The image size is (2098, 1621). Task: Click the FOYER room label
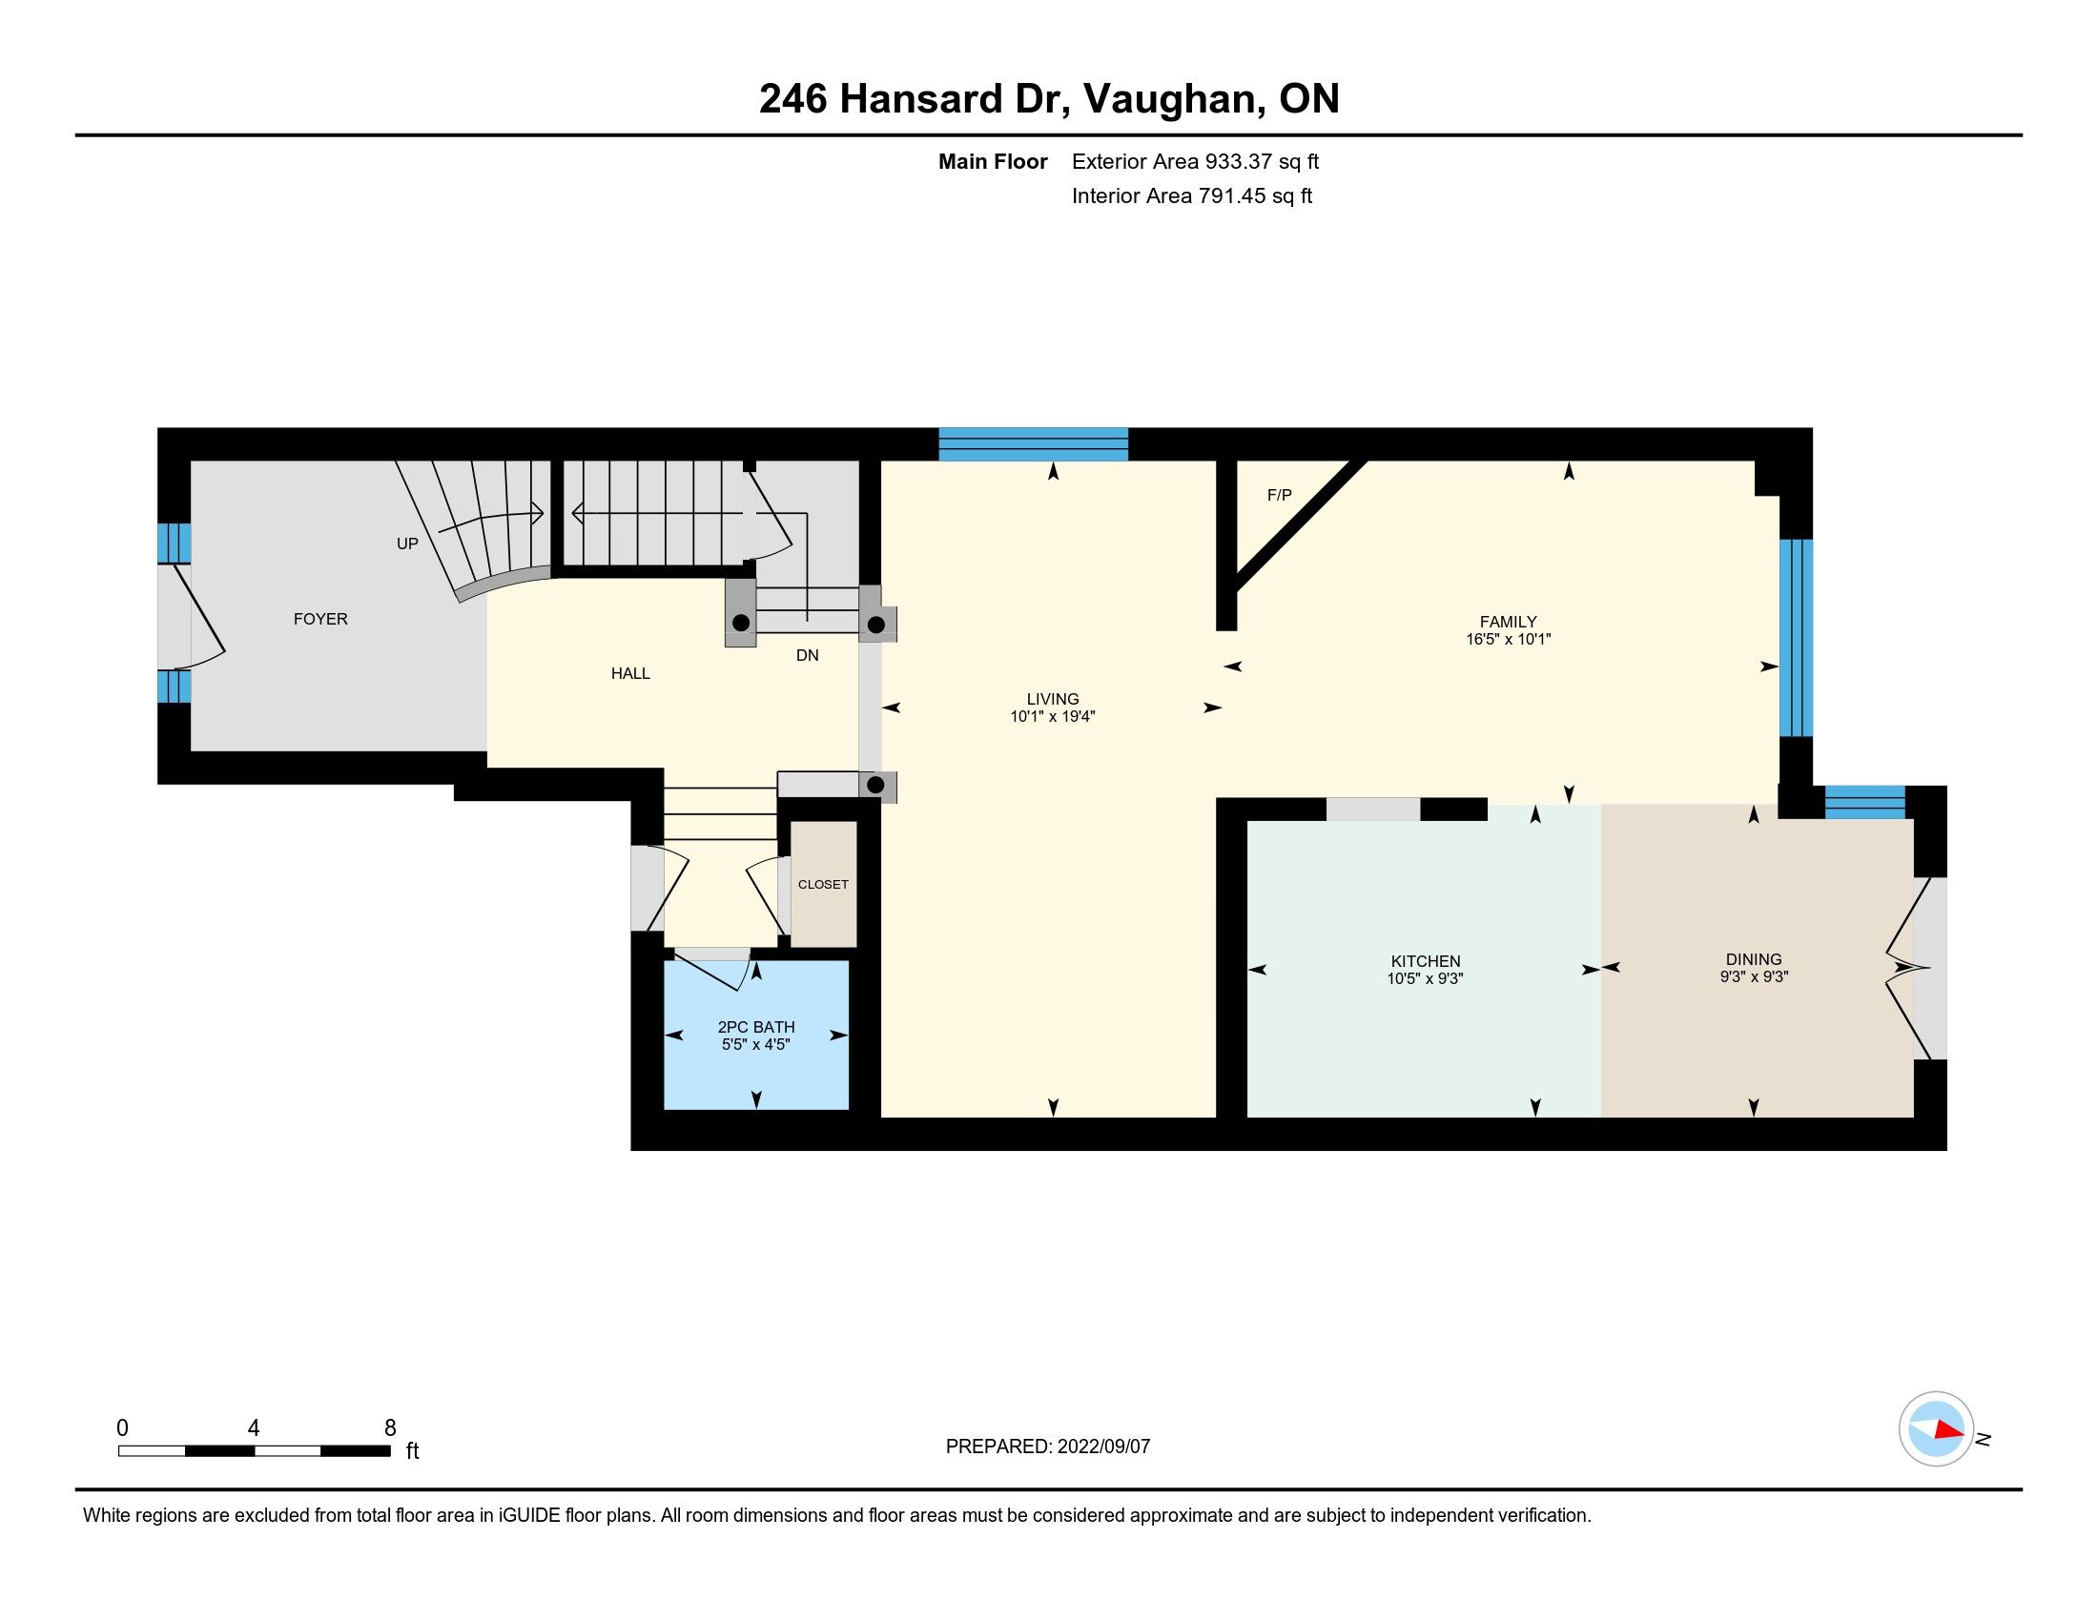click(320, 620)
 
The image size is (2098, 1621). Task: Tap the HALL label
click(630, 674)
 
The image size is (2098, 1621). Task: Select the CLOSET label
click(823, 885)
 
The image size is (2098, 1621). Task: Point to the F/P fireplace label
click(1280, 496)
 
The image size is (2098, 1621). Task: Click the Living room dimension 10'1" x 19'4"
click(1053, 716)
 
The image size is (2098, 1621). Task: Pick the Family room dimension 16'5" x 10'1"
click(1509, 639)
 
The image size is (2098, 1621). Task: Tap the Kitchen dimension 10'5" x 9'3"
click(1426, 978)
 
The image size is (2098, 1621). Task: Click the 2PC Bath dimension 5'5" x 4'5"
click(756, 1045)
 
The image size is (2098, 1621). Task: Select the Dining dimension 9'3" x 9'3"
click(1754, 976)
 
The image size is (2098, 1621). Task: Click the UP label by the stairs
click(407, 544)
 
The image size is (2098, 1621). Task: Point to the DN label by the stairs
click(807, 655)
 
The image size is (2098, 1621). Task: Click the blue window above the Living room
click(1033, 443)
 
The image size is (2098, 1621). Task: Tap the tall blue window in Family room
click(1796, 638)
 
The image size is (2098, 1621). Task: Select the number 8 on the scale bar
click(390, 1428)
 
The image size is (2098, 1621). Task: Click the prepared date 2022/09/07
click(1103, 1447)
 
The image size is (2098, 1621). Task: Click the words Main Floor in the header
click(993, 161)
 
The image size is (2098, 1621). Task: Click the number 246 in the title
click(792, 99)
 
